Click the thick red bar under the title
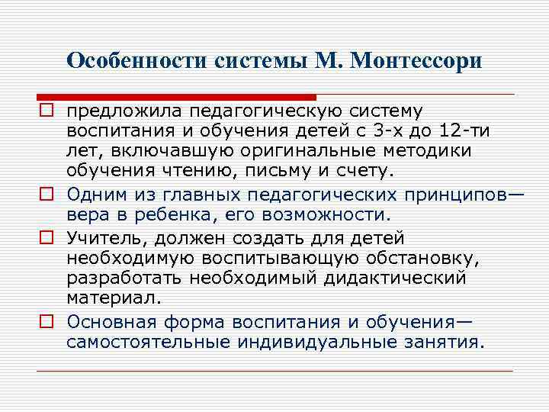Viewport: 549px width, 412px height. click(176, 98)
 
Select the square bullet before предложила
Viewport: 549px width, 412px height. click(47, 112)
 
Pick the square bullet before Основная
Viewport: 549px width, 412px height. click(47, 321)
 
